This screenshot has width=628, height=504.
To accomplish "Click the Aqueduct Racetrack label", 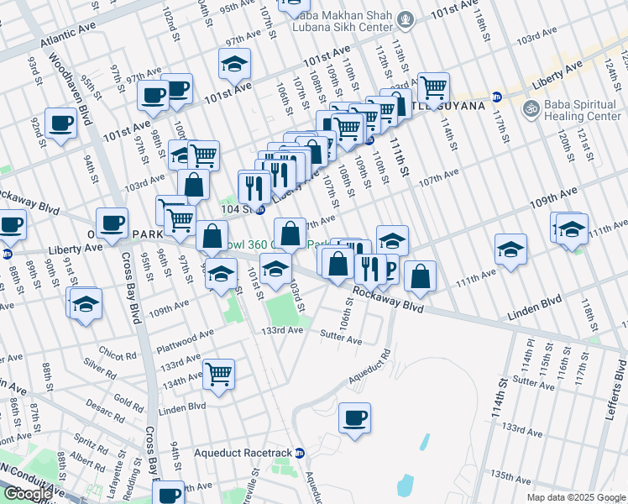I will pos(243,453).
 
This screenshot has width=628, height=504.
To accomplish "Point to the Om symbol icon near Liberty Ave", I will pos(530,108).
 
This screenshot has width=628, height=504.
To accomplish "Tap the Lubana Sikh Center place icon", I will pos(405,19).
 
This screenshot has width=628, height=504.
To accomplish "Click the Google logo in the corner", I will pos(28,494).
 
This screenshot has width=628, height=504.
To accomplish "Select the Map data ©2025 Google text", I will pos(575,497).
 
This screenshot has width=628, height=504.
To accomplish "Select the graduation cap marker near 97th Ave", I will pos(235,62).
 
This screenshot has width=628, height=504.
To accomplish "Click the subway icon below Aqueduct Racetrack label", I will pos(300,453).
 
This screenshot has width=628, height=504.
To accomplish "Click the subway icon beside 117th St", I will pos(496,96).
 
